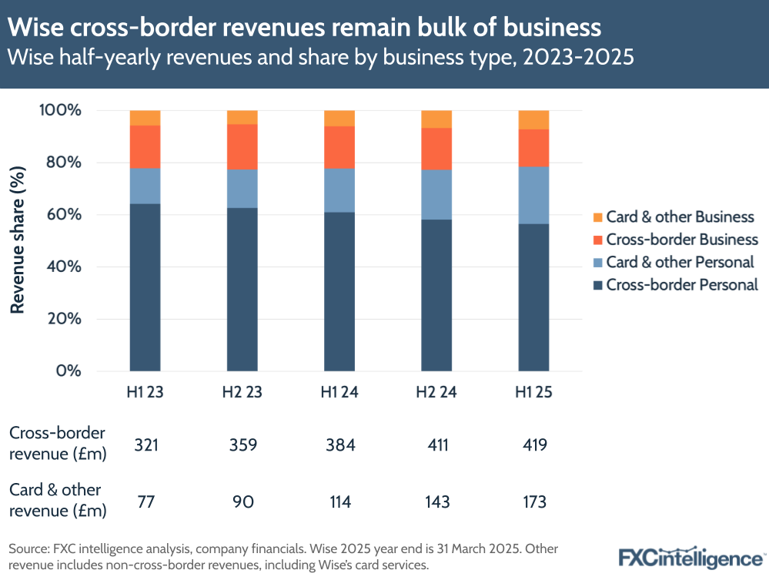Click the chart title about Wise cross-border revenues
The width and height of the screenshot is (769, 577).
(x=305, y=28)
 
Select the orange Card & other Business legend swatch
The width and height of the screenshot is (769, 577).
(x=597, y=217)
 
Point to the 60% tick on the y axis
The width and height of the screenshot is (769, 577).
(x=60, y=215)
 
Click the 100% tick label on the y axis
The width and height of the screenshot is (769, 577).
(x=57, y=110)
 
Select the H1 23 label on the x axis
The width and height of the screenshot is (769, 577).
(x=145, y=392)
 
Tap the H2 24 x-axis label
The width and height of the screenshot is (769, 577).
(x=436, y=392)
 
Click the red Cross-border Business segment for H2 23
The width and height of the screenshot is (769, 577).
(x=242, y=146)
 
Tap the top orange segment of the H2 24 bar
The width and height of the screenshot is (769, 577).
(x=436, y=119)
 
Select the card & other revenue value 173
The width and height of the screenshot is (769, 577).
(x=533, y=502)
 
